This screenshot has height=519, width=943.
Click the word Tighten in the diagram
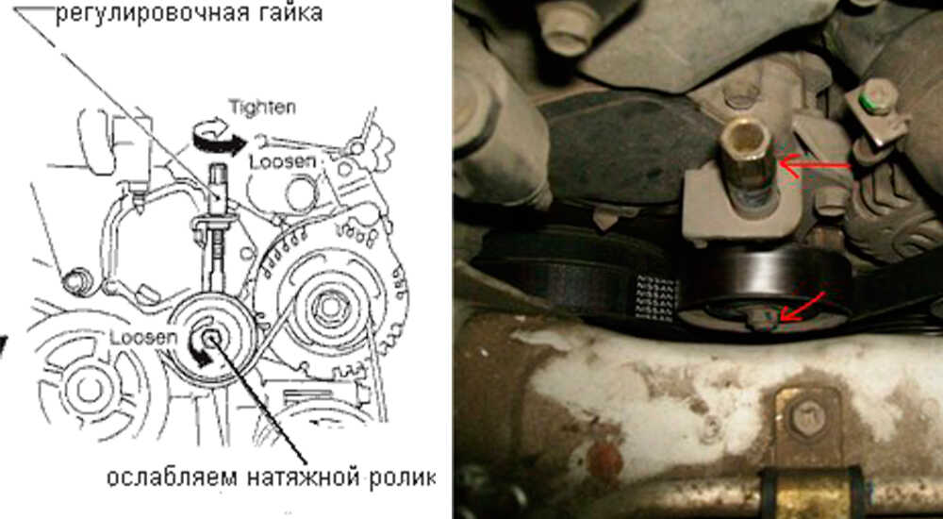click(x=262, y=108)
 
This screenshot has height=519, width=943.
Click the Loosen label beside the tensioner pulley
click(x=143, y=339)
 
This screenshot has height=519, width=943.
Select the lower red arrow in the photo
click(x=801, y=307)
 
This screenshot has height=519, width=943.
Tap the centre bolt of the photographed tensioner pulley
click(x=765, y=317)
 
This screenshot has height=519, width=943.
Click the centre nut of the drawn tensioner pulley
click(x=210, y=340)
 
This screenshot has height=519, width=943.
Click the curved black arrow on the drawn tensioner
click(x=200, y=351)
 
